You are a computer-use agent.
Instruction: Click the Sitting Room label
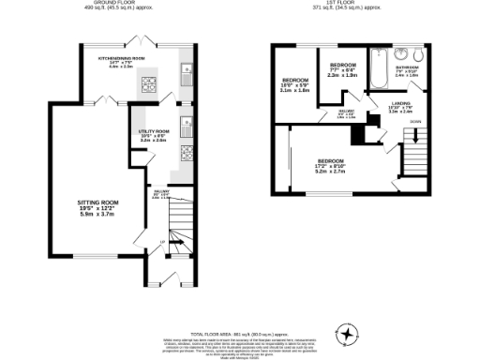(97, 206)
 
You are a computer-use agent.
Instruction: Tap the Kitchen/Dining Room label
(128, 62)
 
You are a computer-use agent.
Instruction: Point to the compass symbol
(349, 333)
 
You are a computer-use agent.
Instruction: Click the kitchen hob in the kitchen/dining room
(148, 87)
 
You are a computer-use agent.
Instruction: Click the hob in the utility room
(187, 151)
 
